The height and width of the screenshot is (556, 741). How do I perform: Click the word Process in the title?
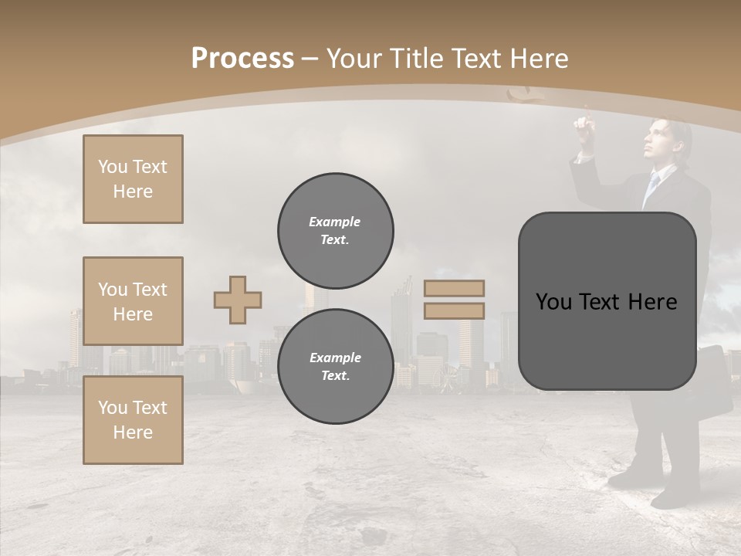point(242,59)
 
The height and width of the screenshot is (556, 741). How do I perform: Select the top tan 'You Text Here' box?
point(133,179)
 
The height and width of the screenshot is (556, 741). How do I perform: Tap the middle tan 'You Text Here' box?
point(133,301)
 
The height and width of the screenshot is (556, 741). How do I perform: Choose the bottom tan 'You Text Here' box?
point(133,420)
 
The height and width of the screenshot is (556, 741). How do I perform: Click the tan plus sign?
point(238,300)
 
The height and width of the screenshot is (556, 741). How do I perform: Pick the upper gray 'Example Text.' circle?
point(335,230)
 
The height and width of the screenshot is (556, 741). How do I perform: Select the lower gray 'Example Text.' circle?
point(335,366)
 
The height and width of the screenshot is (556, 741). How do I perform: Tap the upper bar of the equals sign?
point(454,289)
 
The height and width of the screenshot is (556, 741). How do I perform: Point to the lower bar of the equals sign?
point(454,310)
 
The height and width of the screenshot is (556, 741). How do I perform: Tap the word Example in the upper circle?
point(335,222)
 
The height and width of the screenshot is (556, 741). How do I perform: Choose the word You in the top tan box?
point(113,167)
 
